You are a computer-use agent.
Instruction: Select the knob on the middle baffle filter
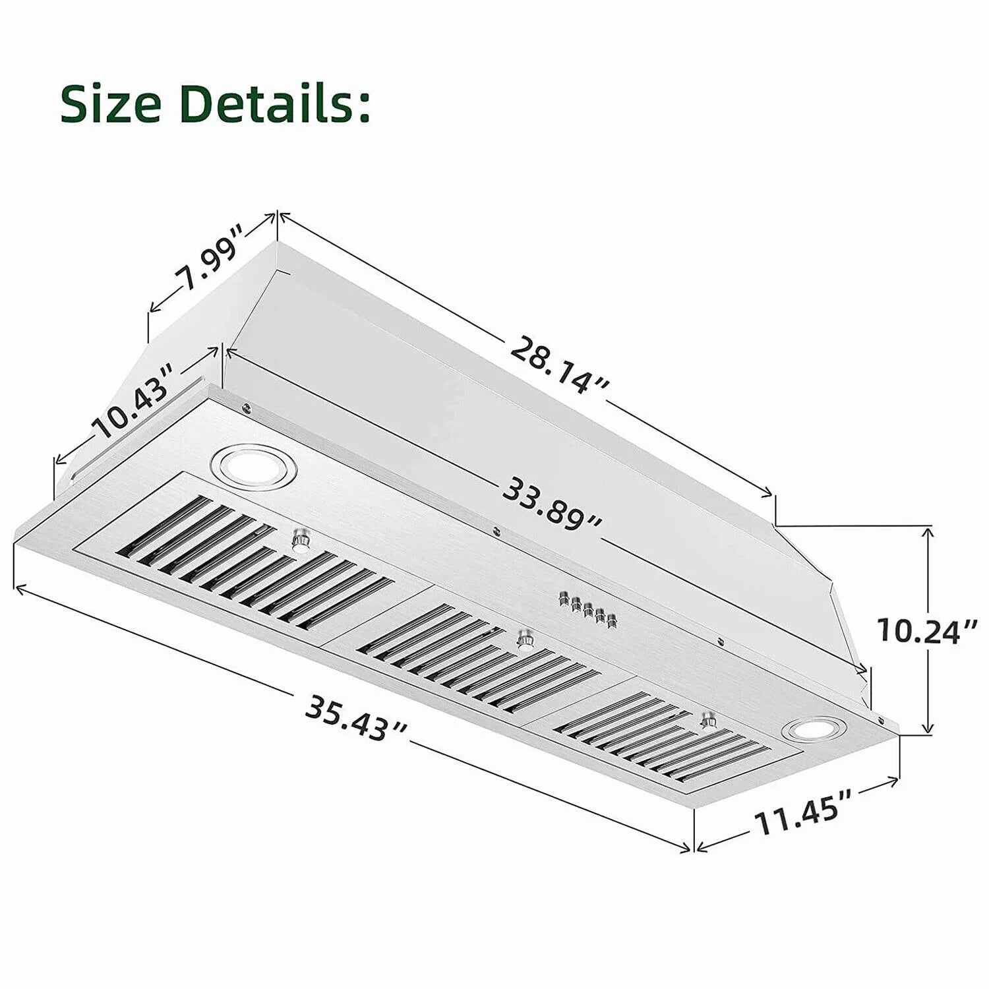pyautogui.click(x=525, y=639)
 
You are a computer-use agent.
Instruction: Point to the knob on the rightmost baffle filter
pyautogui.click(x=710, y=719)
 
